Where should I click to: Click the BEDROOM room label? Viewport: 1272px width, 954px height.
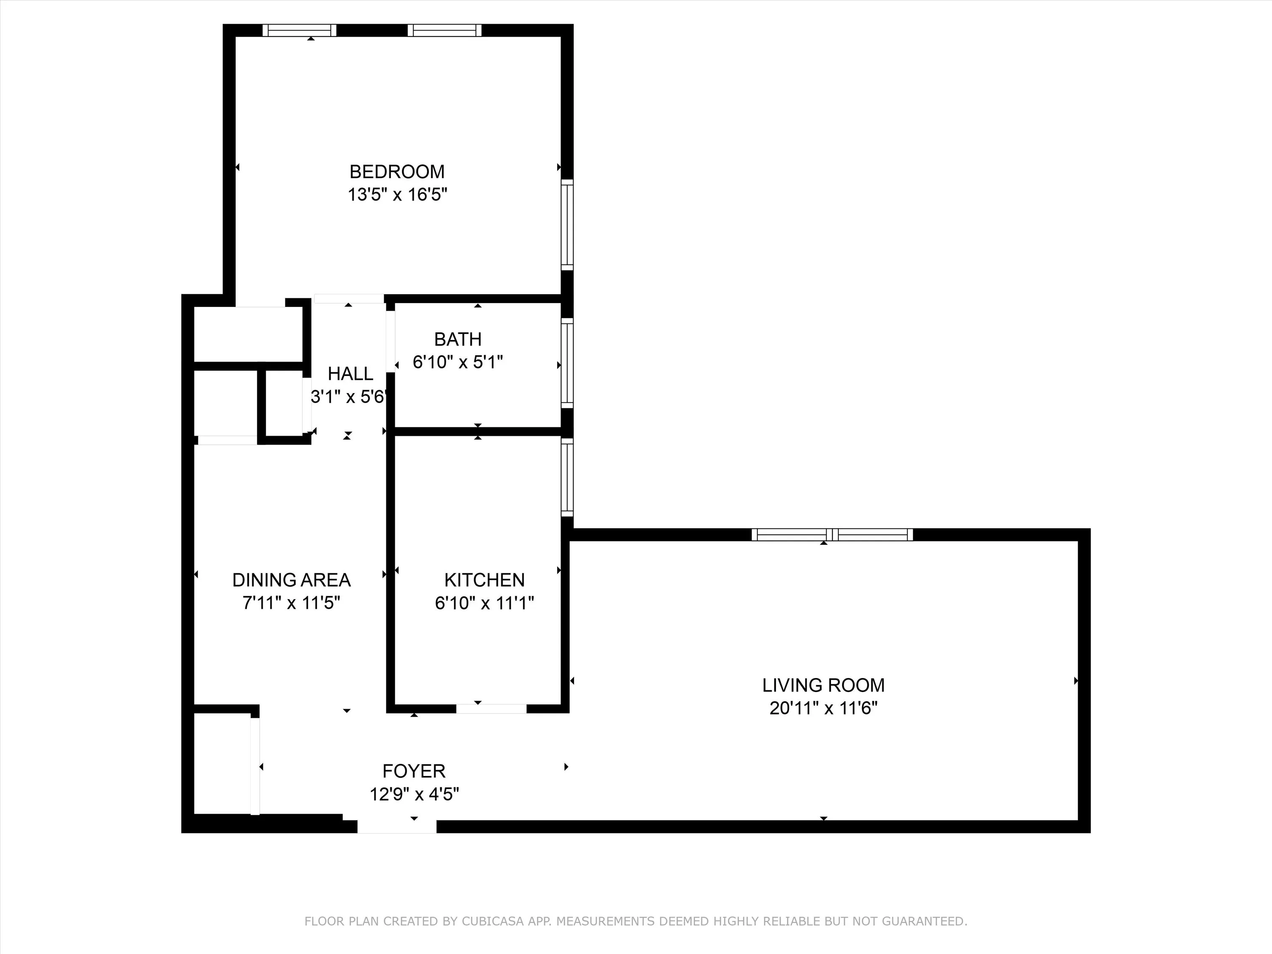point(397,171)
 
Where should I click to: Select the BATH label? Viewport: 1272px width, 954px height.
point(458,339)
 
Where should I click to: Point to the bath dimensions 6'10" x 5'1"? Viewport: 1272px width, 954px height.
point(458,362)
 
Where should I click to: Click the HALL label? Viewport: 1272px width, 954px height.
point(350,374)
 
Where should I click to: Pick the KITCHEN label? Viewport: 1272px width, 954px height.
point(484,580)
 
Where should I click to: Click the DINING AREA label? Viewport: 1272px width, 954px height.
point(292,580)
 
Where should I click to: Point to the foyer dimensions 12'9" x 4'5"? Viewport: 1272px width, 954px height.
point(414,795)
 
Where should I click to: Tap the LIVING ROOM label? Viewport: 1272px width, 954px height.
point(823,685)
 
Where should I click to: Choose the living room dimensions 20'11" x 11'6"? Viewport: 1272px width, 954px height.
point(823,708)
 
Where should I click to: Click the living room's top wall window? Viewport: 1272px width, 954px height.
point(832,535)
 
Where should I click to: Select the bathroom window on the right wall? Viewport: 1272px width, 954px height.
point(567,363)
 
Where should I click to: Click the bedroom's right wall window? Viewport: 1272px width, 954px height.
point(567,225)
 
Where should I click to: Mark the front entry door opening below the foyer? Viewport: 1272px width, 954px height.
point(397,826)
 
